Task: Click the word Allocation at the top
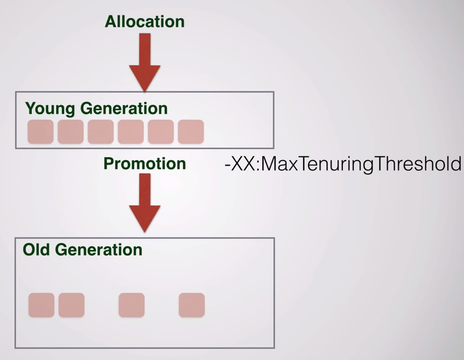pyautogui.click(x=145, y=22)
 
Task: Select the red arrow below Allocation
pyautogui.click(x=144, y=62)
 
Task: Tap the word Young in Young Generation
pyautogui.click(x=50, y=108)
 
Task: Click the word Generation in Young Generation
pyautogui.click(x=124, y=108)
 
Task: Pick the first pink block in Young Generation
pyautogui.click(x=40, y=132)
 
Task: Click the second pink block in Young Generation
pyautogui.click(x=70, y=132)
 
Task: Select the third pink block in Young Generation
pyautogui.click(x=100, y=132)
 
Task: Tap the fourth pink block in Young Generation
pyautogui.click(x=131, y=132)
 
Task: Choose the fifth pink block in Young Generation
pyautogui.click(x=161, y=132)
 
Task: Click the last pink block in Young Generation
pyautogui.click(x=191, y=132)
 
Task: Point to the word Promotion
pyautogui.click(x=145, y=163)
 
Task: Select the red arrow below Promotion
pyautogui.click(x=144, y=203)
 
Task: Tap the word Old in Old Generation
pyautogui.click(x=36, y=249)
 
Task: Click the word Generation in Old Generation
pyautogui.click(x=99, y=249)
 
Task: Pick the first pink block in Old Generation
pyautogui.click(x=41, y=305)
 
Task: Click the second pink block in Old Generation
pyautogui.click(x=72, y=305)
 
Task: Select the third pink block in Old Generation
pyautogui.click(x=132, y=305)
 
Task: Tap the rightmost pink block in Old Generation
pyautogui.click(x=192, y=305)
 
